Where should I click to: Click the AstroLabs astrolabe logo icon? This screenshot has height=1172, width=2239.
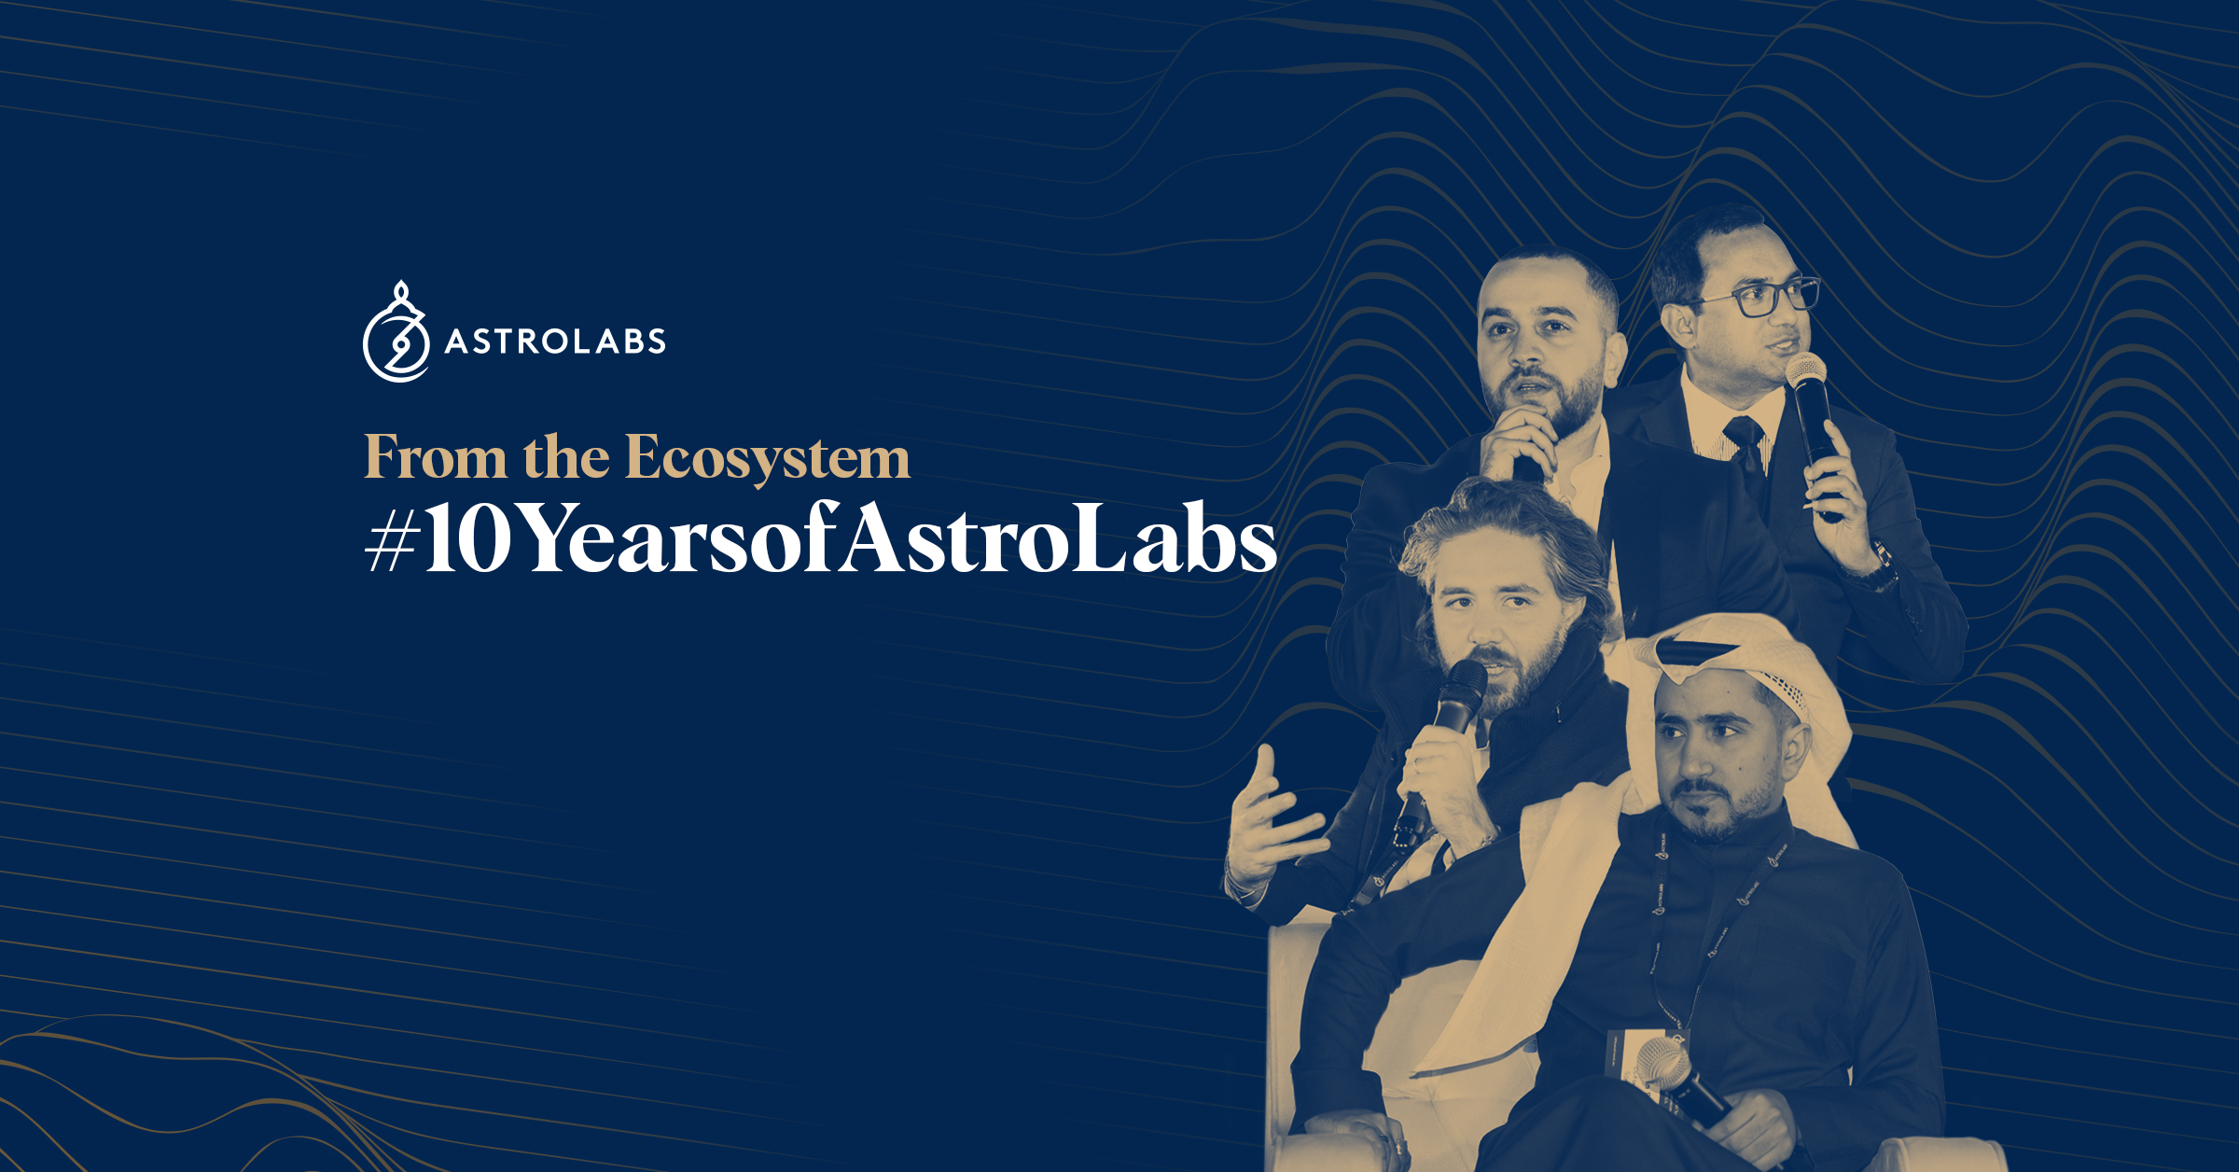[396, 332]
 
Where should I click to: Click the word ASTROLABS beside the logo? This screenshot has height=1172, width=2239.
[555, 342]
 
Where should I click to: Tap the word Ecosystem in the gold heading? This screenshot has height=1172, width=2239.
[767, 459]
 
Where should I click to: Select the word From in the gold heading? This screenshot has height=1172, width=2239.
[436, 457]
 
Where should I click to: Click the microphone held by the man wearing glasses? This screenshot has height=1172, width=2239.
[1814, 429]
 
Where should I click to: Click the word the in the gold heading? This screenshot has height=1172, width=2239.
[566, 457]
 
